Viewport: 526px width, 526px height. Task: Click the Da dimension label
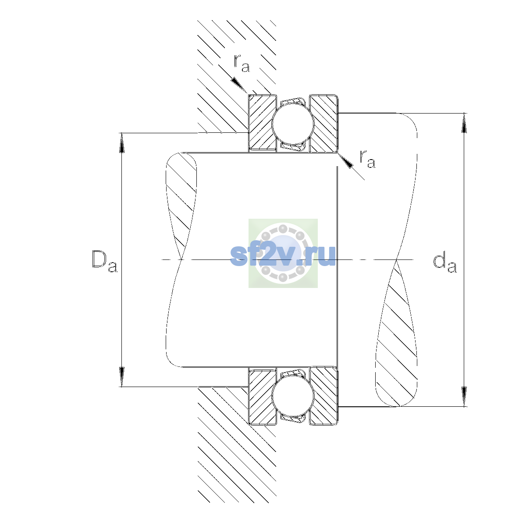pyautogui.click(x=105, y=262)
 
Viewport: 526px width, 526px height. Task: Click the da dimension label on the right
pyautogui.click(x=444, y=264)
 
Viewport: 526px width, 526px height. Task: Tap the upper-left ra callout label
pyautogui.click(x=242, y=63)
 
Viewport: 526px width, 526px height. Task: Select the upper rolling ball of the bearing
pyautogui.click(x=293, y=123)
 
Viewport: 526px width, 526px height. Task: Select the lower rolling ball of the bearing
pyautogui.click(x=293, y=396)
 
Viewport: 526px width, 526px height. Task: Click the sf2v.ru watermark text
pyautogui.click(x=283, y=255)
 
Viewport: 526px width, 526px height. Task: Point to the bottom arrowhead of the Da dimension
pyautogui.click(x=122, y=377)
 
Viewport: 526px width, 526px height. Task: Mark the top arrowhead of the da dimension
pyautogui.click(x=464, y=123)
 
